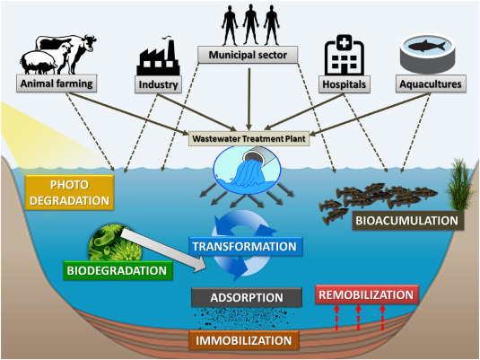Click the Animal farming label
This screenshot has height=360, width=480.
[x=57, y=83]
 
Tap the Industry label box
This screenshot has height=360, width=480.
[x=158, y=84]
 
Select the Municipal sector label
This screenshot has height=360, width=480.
[x=248, y=55]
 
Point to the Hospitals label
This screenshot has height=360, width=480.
[x=345, y=84]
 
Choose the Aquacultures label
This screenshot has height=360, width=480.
[x=431, y=83]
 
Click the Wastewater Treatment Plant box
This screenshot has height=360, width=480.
[x=249, y=138]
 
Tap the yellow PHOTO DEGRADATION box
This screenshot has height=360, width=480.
[x=69, y=192]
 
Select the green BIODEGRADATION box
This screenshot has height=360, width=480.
[x=118, y=270]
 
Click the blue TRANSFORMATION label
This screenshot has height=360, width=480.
[x=246, y=246]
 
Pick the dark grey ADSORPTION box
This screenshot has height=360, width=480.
[x=247, y=297]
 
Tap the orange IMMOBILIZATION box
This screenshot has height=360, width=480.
[x=244, y=340]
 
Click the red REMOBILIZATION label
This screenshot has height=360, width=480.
[x=366, y=294]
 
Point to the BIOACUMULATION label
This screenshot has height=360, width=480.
[x=407, y=221]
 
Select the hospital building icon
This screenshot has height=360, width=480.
[x=345, y=55]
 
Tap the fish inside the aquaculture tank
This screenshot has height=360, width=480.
[x=427, y=46]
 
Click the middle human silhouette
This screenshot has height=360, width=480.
[x=250, y=25]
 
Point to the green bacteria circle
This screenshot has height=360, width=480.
[x=116, y=244]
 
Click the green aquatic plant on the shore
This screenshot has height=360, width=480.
[x=460, y=185]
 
